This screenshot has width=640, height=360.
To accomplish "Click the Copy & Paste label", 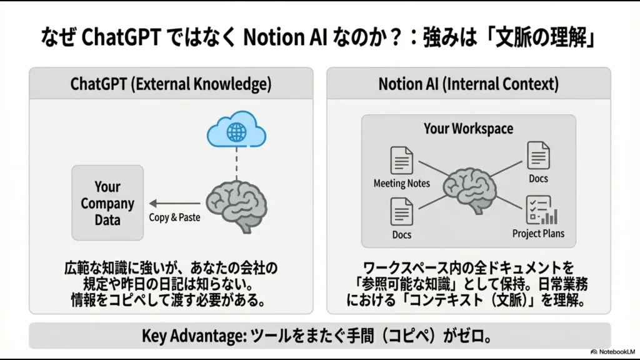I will coord(173,217).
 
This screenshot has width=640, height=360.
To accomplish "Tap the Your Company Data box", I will coord(107,203).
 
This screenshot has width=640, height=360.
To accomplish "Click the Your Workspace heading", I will coord(468,129).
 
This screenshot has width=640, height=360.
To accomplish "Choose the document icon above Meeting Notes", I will coord(402,161).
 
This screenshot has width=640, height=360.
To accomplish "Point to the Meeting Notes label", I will coord(402,184).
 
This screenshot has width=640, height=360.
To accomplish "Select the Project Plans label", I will coord(538,234).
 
